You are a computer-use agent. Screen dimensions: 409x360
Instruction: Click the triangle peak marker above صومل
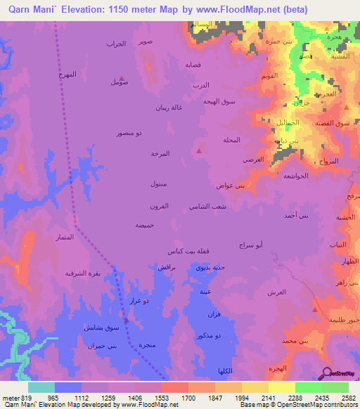123,77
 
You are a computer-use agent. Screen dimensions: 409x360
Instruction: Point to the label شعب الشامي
207,207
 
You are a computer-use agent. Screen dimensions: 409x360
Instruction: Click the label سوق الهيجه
219,101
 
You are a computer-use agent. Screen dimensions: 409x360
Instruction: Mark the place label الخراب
115,44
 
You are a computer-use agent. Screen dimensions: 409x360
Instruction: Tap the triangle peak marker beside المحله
200,150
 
